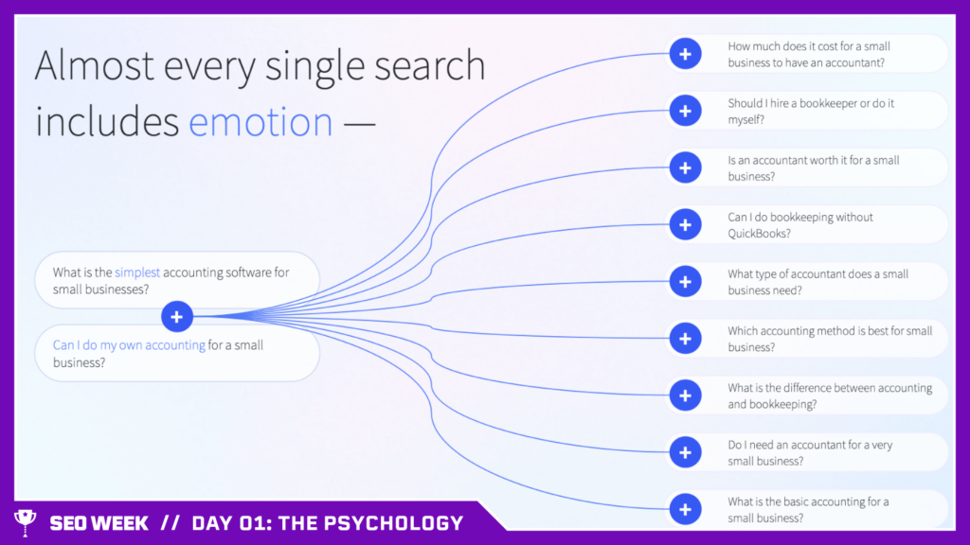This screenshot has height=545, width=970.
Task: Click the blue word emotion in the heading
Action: pos(260,122)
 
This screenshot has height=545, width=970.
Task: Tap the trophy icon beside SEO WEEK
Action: pos(24,521)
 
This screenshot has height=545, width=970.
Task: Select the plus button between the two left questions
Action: pos(176,316)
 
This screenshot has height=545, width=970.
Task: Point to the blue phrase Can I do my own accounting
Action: pos(129,345)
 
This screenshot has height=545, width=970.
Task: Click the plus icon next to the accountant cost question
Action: pos(684,54)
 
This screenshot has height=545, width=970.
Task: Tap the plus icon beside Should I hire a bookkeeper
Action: pos(684,111)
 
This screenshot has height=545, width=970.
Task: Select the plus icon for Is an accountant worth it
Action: pos(684,167)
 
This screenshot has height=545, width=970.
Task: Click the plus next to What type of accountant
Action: pos(684,281)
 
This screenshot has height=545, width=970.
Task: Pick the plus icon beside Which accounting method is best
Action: pos(684,338)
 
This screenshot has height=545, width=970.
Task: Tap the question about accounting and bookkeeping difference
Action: pos(829,396)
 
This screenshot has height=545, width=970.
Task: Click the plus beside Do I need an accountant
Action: pos(684,452)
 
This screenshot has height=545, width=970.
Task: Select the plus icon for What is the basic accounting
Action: pos(684,509)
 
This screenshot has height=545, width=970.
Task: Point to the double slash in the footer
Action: pos(170,523)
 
